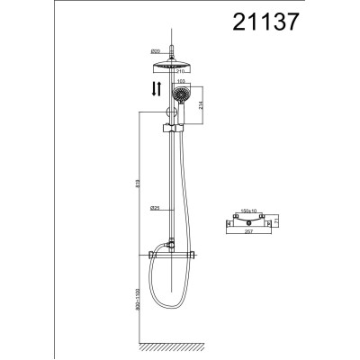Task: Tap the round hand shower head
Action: pos(184,95)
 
